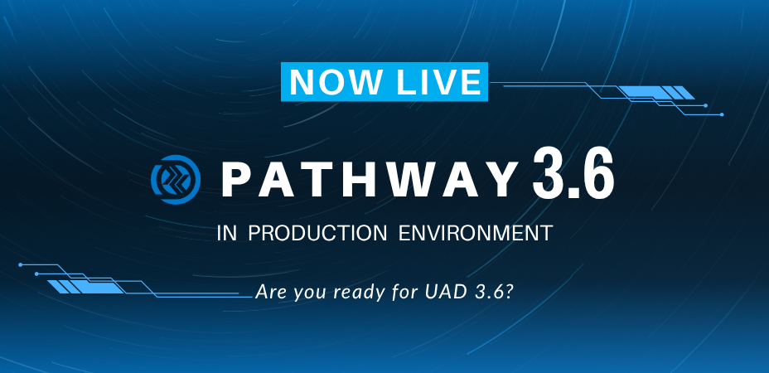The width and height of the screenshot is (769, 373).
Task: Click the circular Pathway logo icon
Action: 176,180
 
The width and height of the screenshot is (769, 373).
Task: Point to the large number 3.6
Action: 573,174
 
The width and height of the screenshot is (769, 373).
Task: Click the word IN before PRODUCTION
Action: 226,233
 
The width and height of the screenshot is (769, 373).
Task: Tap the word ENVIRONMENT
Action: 476,233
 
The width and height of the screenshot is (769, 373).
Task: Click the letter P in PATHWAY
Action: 236,180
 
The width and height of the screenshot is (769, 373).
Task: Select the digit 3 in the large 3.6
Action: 547,174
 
